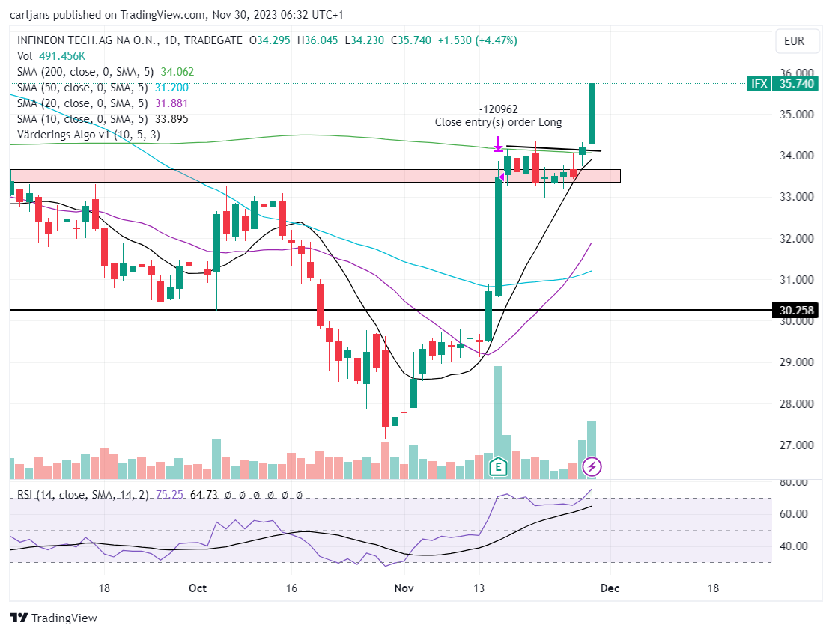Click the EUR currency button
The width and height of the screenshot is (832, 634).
[794, 41]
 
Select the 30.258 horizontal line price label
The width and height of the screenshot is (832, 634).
[795, 311]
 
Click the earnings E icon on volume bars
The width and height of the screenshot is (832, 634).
[498, 467]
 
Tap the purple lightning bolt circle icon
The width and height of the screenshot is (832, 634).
[592, 467]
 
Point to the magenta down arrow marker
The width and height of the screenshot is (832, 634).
[498, 143]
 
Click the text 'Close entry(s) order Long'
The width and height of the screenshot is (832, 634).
[498, 122]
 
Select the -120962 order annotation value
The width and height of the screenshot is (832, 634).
[498, 109]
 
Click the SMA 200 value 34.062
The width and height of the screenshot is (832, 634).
[177, 72]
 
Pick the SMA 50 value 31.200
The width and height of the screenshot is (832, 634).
[171, 88]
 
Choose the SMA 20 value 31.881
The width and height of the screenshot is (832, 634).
[171, 103]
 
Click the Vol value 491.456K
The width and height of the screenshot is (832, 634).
[62, 56]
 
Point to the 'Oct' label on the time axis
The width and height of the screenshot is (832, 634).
[198, 588]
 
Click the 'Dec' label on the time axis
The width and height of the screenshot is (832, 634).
[610, 588]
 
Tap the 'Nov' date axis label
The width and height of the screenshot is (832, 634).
[404, 588]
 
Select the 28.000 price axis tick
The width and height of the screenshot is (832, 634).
[797, 403]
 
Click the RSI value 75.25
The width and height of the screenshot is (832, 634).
[170, 495]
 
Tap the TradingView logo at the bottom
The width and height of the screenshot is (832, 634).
[54, 618]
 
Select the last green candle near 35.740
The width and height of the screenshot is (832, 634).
[592, 113]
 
